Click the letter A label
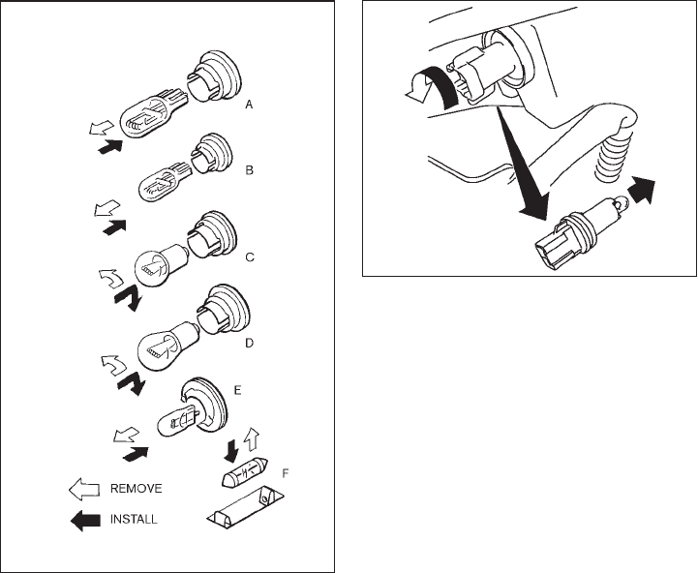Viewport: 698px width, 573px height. point(250,104)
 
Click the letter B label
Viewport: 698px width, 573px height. point(250,170)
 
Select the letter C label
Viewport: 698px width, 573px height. point(250,257)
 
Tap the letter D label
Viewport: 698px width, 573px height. point(250,342)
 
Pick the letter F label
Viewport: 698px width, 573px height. point(284,475)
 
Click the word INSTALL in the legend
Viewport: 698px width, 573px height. point(136,518)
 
